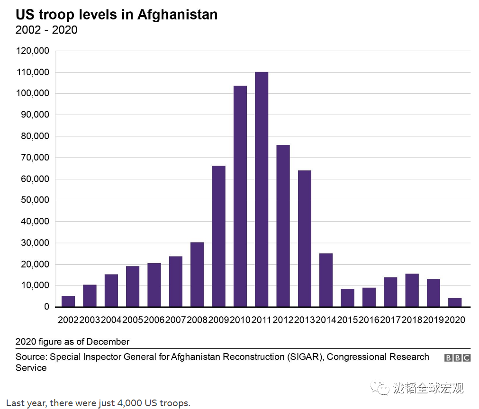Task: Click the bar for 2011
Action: (x=262, y=189)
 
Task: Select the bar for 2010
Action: (x=240, y=196)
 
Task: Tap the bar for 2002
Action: (x=68, y=301)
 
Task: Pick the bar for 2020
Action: (x=455, y=302)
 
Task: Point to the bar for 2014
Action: (x=326, y=280)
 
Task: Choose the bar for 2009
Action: (x=218, y=236)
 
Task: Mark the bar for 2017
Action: (x=390, y=292)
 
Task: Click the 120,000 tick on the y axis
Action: (x=32, y=51)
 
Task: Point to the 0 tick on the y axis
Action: (x=46, y=307)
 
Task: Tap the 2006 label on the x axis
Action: (x=154, y=320)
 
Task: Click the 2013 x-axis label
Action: (x=305, y=320)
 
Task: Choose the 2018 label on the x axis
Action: (x=412, y=320)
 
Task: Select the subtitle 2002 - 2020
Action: (x=46, y=30)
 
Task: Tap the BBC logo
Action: (x=457, y=358)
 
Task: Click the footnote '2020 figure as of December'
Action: (x=72, y=341)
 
